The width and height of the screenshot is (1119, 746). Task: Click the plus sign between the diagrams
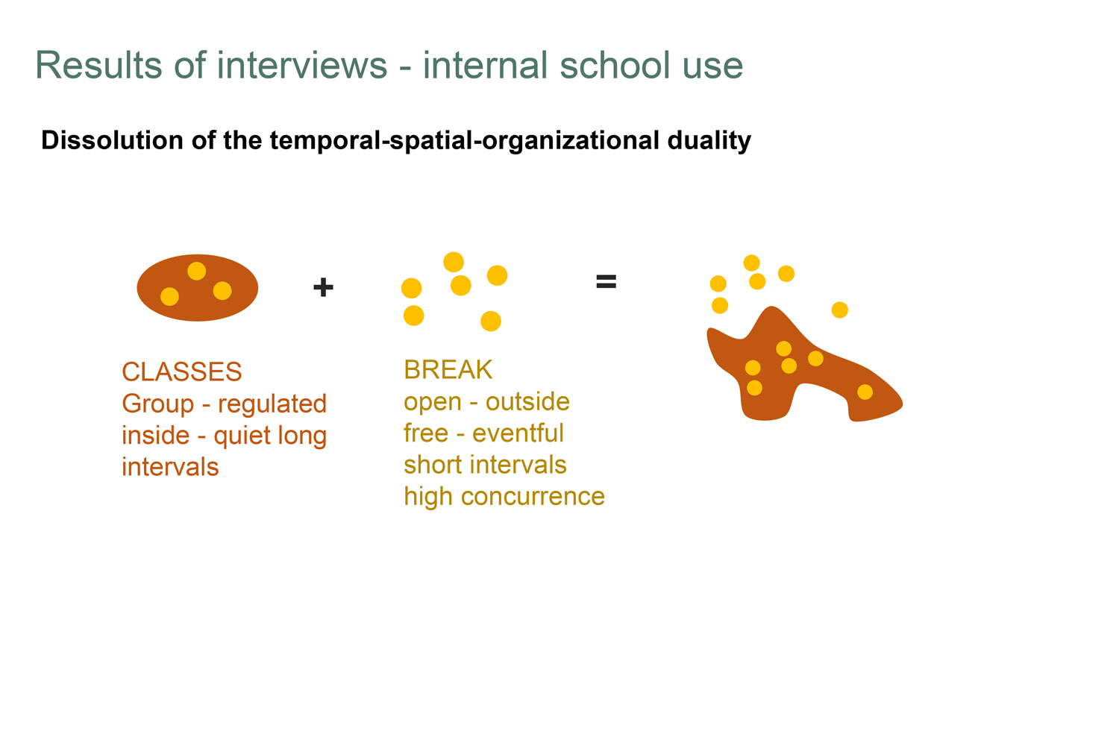tap(323, 287)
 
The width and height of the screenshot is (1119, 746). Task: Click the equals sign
tap(606, 282)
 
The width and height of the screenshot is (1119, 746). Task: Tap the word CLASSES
tap(182, 372)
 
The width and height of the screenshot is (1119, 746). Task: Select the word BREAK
tap(448, 370)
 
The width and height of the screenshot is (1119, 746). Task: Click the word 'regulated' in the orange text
tap(272, 404)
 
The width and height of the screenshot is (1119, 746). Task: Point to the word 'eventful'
tap(518, 433)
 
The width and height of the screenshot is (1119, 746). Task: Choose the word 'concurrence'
tap(533, 497)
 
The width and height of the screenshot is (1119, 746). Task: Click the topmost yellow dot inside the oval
tap(196, 271)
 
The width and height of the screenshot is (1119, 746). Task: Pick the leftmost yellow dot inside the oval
tap(169, 296)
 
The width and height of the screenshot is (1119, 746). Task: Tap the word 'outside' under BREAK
tap(527, 402)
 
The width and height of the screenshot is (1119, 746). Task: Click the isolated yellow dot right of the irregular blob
tap(840, 310)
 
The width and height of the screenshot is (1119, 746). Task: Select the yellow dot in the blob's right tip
tap(865, 392)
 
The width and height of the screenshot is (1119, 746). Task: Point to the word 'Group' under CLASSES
tap(158, 404)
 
